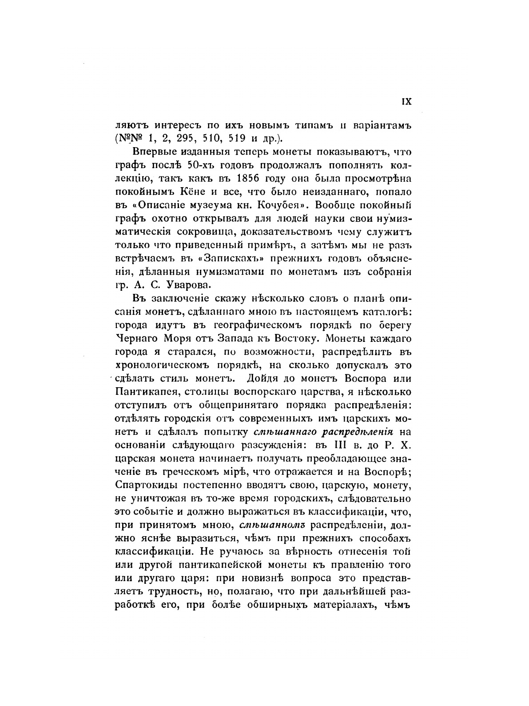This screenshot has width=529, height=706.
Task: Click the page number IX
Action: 407,101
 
